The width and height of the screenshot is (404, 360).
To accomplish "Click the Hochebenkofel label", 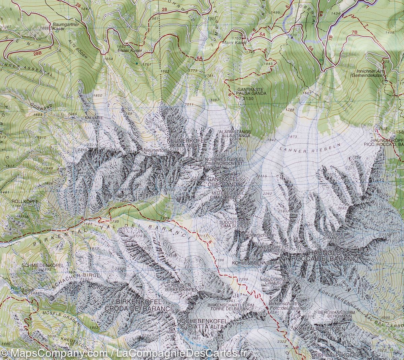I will (202, 322).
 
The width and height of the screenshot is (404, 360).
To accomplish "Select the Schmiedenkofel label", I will (43, 265).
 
